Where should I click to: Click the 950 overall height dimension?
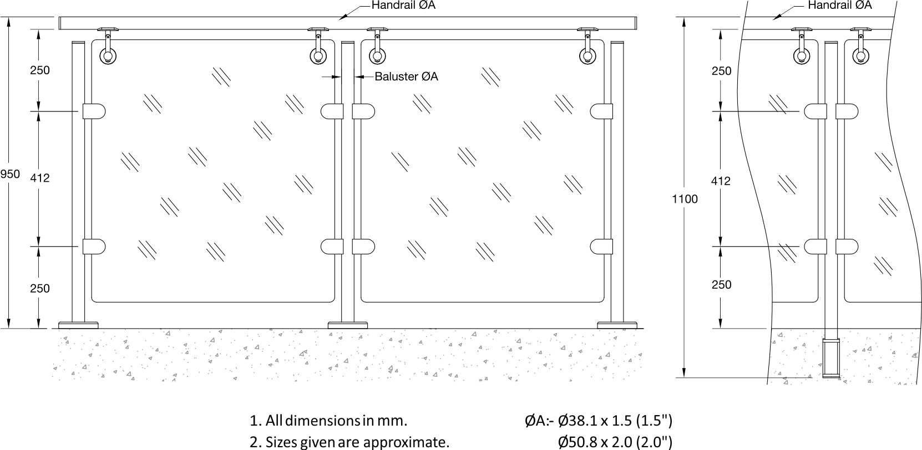click(x=10, y=174)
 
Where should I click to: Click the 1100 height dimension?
click(x=685, y=199)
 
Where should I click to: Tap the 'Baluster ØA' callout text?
click(x=406, y=76)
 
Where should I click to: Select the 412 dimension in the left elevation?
click(x=40, y=178)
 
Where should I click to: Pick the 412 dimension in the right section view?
click(x=721, y=181)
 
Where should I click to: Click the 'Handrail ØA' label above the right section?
click(x=839, y=6)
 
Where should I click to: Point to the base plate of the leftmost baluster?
click(x=79, y=325)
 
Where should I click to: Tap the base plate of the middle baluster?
click(x=348, y=325)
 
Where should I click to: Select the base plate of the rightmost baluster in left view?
click(x=617, y=325)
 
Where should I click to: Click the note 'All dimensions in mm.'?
click(x=328, y=420)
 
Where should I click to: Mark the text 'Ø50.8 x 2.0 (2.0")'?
click(x=615, y=442)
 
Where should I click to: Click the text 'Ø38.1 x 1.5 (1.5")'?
click(x=615, y=420)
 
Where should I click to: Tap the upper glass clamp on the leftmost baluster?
click(x=94, y=111)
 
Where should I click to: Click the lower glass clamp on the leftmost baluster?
click(x=94, y=246)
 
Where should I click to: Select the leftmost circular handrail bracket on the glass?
click(x=107, y=56)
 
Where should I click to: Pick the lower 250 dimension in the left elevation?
click(x=40, y=288)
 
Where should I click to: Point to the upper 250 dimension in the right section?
click(x=721, y=71)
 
